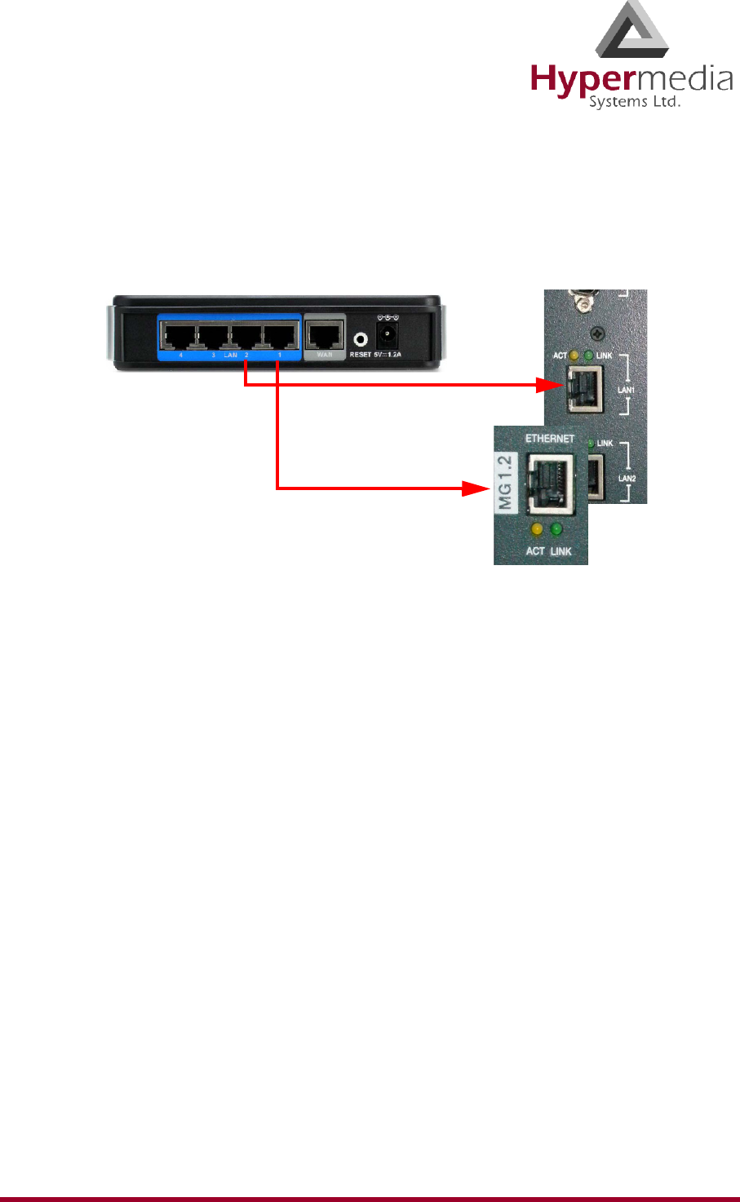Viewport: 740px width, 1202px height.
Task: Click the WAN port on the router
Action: tap(325, 334)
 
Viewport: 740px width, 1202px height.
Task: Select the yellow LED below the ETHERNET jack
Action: tap(536, 530)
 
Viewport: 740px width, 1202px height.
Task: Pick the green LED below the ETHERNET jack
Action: tap(557, 530)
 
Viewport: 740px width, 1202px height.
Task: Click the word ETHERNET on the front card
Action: tap(550, 439)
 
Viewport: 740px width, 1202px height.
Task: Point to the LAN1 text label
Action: tap(627, 391)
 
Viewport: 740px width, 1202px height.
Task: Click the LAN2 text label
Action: tap(627, 477)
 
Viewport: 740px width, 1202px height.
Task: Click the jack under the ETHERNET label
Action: tap(551, 482)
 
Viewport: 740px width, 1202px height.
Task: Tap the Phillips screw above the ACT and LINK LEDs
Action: tap(599, 334)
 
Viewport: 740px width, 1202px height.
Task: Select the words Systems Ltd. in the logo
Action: tap(634, 103)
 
